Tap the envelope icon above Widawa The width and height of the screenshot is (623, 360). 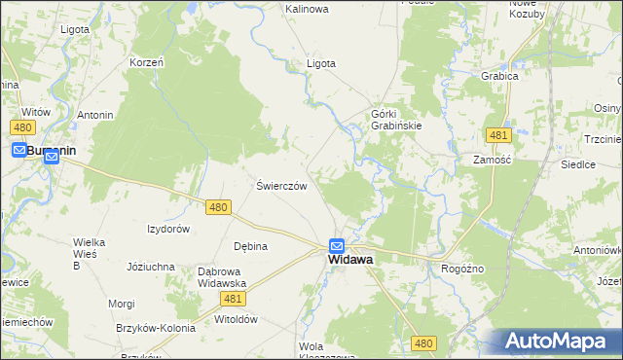click(x=336, y=246)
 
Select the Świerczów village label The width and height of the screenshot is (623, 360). click(x=281, y=186)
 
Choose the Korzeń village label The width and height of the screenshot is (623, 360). click(x=147, y=62)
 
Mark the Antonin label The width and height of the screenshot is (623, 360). click(x=95, y=115)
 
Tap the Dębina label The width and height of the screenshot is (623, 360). click(x=250, y=246)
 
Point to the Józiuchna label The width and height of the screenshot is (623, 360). click(x=151, y=266)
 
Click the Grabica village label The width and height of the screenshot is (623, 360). click(x=497, y=75)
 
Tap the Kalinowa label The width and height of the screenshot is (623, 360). click(x=307, y=9)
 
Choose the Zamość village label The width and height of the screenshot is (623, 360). click(x=493, y=159)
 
